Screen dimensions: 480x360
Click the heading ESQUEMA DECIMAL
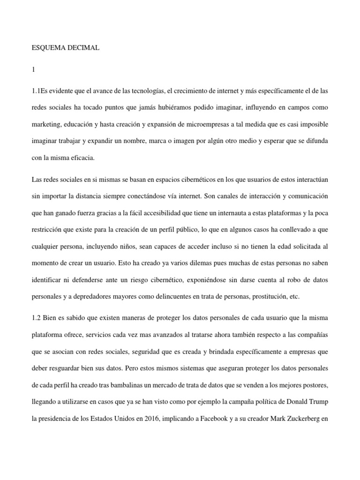pyautogui.click(x=65, y=48)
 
